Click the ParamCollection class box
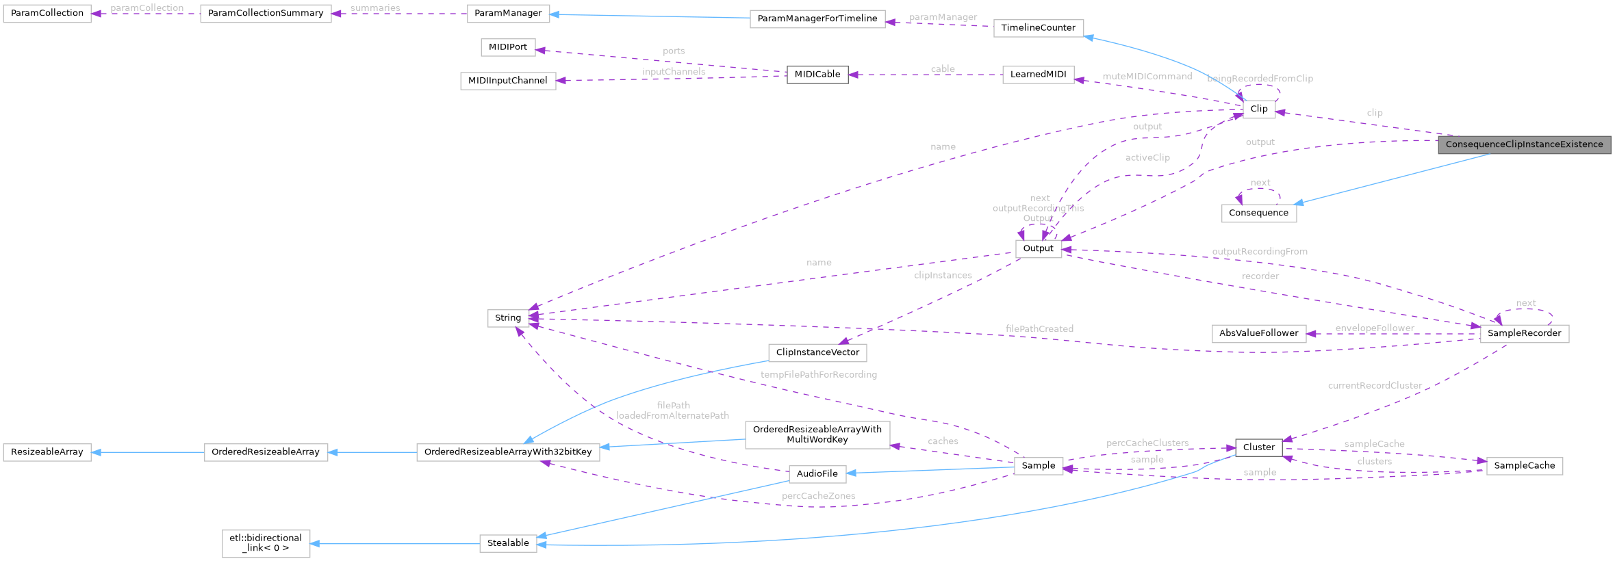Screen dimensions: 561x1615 [x=47, y=13]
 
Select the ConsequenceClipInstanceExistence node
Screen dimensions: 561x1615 [x=1524, y=144]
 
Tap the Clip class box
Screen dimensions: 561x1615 [x=1258, y=109]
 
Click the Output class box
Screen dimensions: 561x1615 [x=1038, y=248]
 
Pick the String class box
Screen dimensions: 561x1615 [x=507, y=317]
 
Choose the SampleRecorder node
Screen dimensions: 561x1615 [x=1524, y=333]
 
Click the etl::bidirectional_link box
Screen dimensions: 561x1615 [x=266, y=543]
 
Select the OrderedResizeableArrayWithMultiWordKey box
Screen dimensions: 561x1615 [x=817, y=434]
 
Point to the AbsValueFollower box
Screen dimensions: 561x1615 [x=1258, y=333]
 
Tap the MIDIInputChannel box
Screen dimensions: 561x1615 [x=507, y=81]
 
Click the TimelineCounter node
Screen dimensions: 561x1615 [x=1038, y=28]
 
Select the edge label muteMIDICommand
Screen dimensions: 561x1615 [x=1147, y=77]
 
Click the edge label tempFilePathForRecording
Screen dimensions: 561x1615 [x=818, y=375]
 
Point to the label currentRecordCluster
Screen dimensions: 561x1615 [x=1375, y=386]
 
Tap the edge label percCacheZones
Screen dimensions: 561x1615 [x=818, y=496]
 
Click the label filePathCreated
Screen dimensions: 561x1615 [x=1039, y=329]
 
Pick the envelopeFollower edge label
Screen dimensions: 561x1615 [x=1374, y=328]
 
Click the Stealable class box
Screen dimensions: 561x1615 [x=507, y=543]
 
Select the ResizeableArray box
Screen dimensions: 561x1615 [x=47, y=452]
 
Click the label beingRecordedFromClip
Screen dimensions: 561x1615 [x=1260, y=79]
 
